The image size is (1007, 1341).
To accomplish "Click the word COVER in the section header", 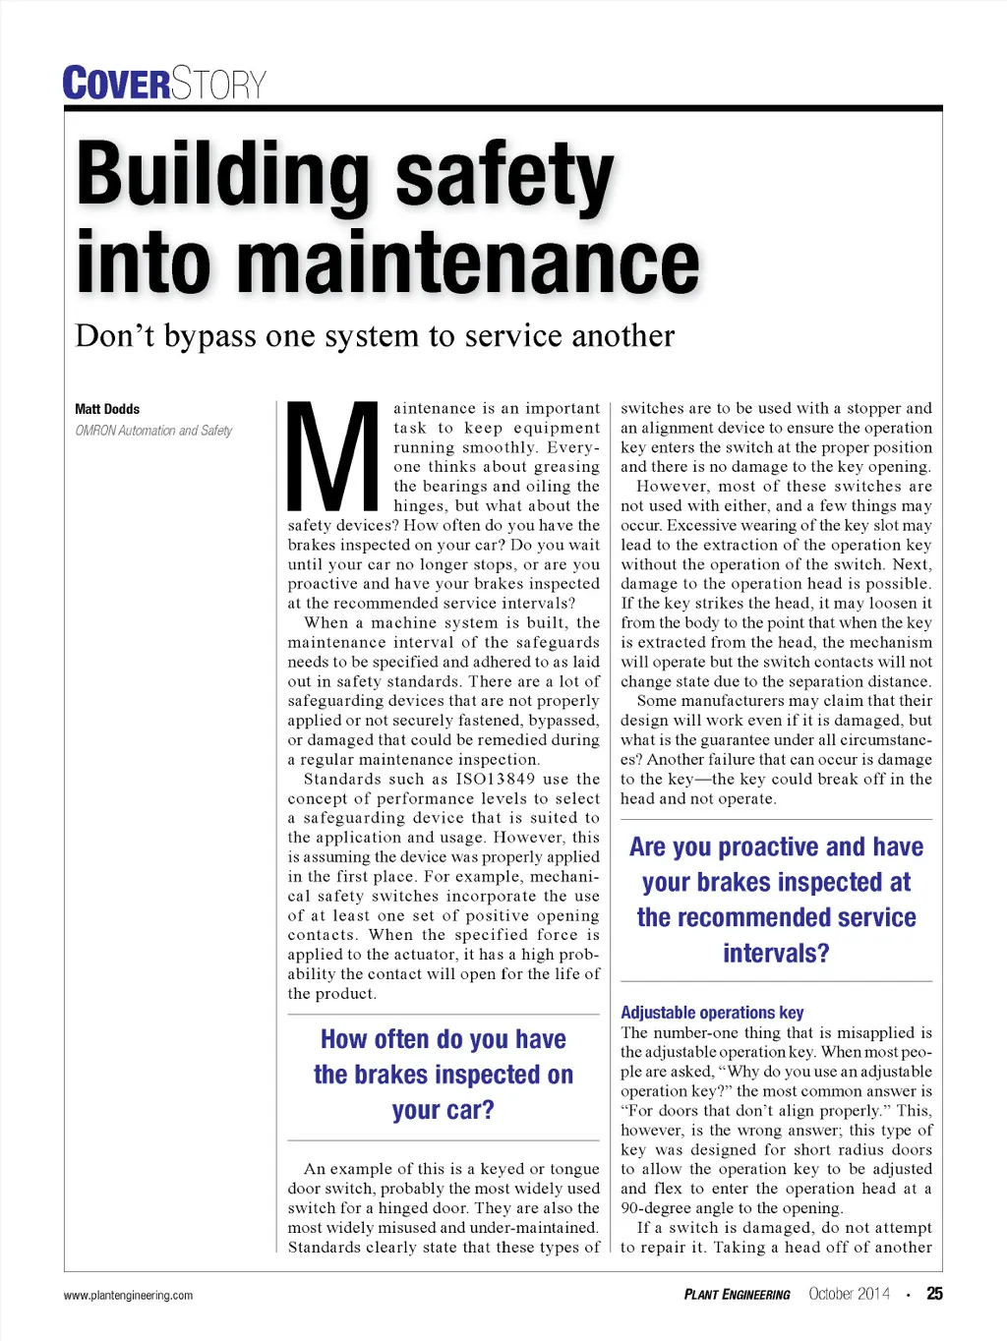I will [116, 84].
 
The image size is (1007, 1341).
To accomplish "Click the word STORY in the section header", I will [218, 84].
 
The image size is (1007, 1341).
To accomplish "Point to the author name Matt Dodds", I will [107, 409].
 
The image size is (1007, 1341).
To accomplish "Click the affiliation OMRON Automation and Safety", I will [153, 431].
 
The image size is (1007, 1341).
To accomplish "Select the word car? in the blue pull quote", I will [443, 1111].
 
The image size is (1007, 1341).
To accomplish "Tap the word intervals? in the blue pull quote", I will [776, 954].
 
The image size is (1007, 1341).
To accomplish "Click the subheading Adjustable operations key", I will [712, 1013].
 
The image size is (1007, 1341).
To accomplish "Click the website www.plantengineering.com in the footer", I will [128, 1296].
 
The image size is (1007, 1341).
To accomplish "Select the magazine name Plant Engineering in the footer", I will [737, 1295].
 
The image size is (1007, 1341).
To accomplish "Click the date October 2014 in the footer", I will [849, 1294].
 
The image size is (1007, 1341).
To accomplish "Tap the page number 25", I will [934, 1294].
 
